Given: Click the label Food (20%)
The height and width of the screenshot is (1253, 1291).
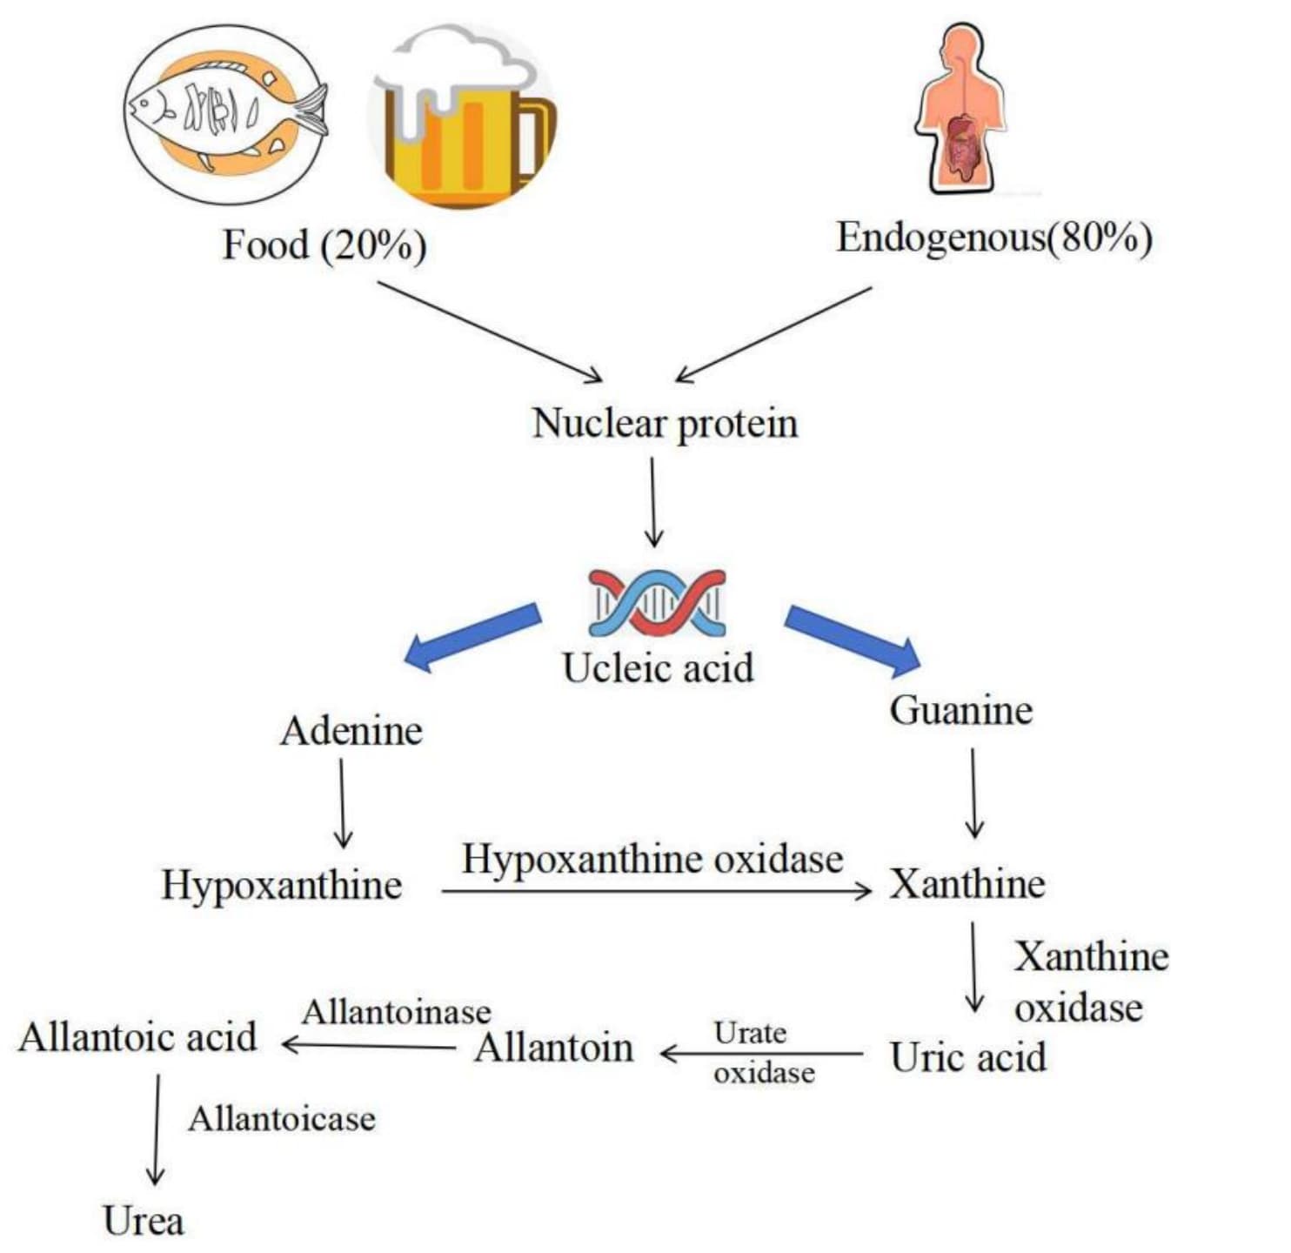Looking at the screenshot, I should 324,245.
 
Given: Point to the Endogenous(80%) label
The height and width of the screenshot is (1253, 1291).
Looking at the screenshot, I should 993,238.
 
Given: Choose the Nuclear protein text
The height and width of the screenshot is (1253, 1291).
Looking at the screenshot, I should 665,424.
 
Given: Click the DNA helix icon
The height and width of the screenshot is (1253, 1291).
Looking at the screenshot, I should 657,602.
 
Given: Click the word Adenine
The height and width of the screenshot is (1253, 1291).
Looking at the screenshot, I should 351,731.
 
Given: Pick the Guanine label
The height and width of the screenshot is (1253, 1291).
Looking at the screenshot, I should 960,710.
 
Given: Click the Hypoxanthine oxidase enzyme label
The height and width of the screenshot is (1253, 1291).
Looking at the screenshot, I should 652,860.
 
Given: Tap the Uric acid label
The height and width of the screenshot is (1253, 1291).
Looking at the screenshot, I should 967,1057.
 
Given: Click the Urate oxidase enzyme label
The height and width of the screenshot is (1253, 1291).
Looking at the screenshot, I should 763,1053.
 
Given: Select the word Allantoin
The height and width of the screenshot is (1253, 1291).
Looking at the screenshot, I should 553,1048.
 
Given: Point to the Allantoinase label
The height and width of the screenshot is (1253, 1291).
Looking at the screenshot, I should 396,1012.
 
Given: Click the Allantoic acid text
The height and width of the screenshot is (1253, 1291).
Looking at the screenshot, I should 137,1037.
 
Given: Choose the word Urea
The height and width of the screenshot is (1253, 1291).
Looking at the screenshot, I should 143,1221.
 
